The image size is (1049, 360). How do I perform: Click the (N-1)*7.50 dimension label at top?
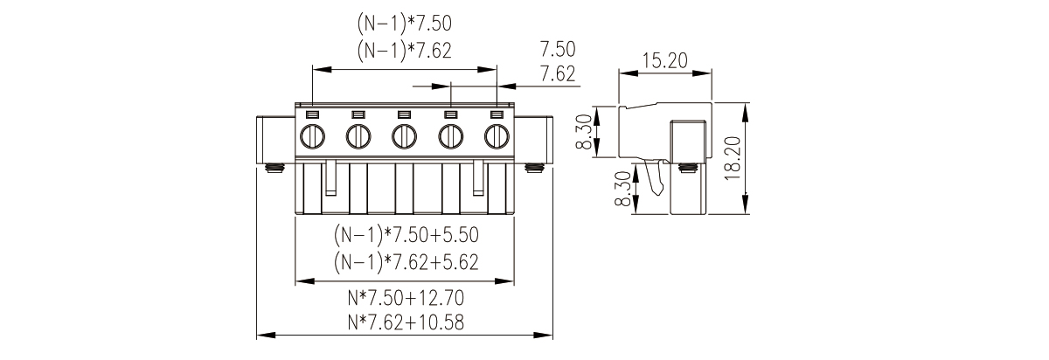point(405,24)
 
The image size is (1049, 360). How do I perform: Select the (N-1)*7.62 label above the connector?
point(405,51)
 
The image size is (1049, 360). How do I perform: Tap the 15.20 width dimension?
point(665,60)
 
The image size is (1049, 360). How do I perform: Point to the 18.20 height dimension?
point(732,158)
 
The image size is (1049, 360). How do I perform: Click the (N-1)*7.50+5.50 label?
point(406,234)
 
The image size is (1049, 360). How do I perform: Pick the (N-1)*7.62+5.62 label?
point(406,261)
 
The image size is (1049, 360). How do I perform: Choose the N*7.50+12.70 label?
point(406,298)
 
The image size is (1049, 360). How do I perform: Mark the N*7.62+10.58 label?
point(406,322)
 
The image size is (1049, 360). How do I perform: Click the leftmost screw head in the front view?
point(312,137)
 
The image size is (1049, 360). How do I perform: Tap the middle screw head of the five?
point(405,137)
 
